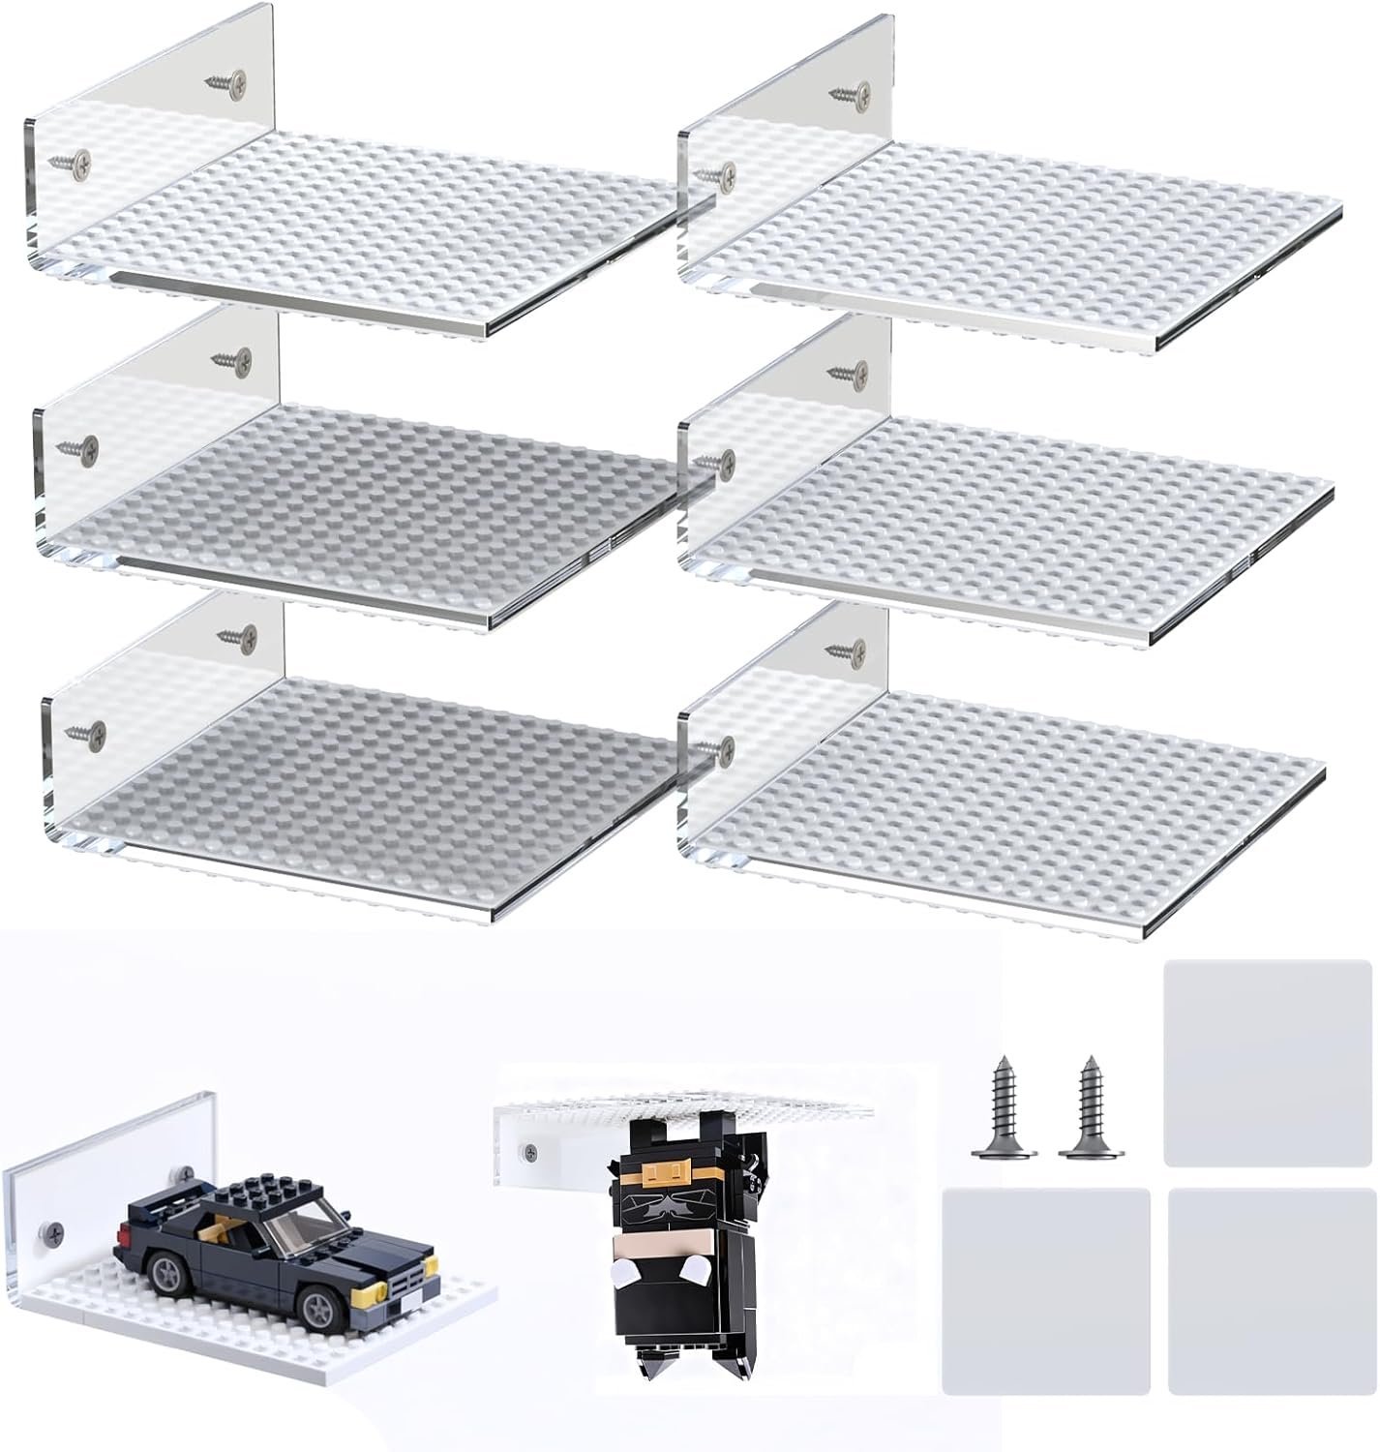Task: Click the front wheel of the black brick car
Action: coord(317,1308)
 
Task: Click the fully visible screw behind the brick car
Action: coord(47,1232)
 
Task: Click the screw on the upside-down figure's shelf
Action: coord(528,1153)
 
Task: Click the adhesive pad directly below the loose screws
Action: coord(1046,1290)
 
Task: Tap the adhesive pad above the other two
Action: coord(1267,1062)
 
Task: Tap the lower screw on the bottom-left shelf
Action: coord(84,734)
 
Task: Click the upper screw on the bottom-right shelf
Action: coord(850,648)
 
